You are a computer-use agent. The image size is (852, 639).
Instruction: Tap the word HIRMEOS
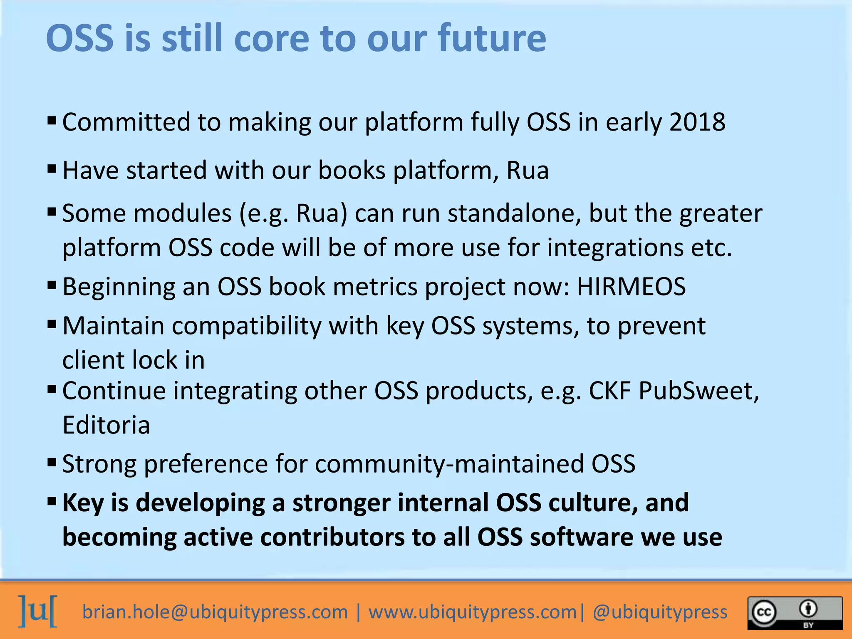(x=631, y=287)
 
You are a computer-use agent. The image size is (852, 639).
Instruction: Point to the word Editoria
(x=106, y=425)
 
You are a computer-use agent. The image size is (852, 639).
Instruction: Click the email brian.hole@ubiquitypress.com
(x=215, y=612)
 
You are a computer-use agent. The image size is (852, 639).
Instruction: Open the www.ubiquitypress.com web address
(x=473, y=612)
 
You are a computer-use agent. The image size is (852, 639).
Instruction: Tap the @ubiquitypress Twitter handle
(x=660, y=612)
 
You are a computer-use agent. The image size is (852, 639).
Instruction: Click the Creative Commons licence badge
(x=795, y=613)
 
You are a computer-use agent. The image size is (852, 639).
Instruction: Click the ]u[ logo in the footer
(x=38, y=611)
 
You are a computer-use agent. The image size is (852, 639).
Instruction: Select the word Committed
(x=126, y=122)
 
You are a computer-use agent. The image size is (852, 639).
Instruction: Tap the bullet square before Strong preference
(x=52, y=462)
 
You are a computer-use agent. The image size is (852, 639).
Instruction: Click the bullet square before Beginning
(x=52, y=285)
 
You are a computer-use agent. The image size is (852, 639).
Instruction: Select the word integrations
(x=615, y=248)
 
